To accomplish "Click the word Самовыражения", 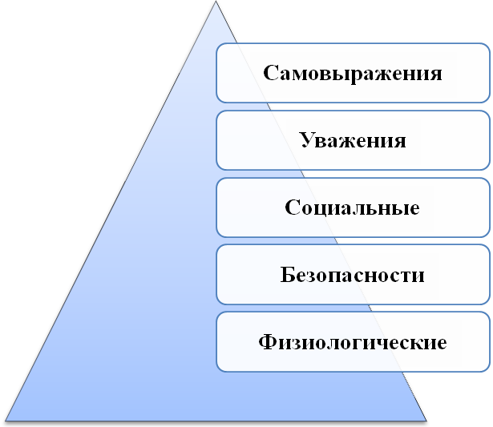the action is pos(353,75).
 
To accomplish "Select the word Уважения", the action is pos(353,140).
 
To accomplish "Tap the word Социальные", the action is pos(352,207).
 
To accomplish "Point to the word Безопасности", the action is pos(352,275).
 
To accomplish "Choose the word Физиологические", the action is pos(353,342).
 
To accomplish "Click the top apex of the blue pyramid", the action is pos(216,1).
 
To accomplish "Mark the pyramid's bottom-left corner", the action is pos(6,421).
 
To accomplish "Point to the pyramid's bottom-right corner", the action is pos(426,421).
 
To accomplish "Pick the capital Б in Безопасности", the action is pos(287,275).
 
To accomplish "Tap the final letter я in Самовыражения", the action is pos(436,75).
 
